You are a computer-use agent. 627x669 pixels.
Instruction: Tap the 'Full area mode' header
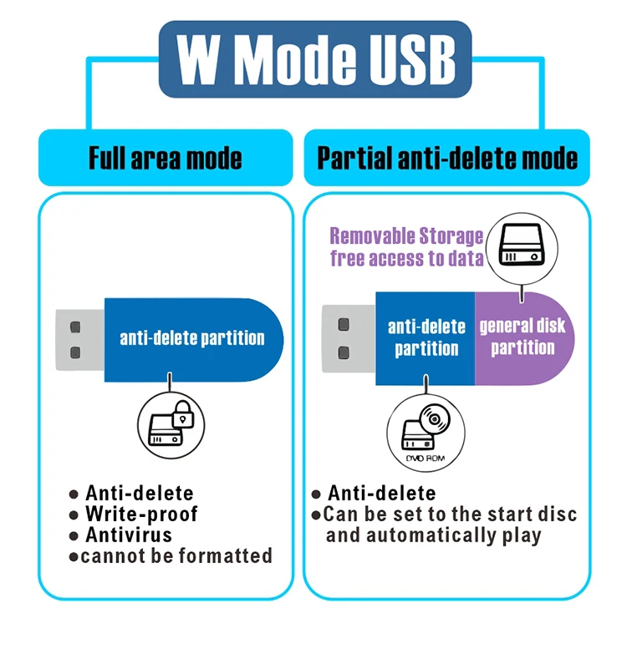point(166,158)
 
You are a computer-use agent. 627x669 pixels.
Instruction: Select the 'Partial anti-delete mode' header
point(447,158)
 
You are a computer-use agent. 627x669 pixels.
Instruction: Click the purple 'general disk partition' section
point(523,337)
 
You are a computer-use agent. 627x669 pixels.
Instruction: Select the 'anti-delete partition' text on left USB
point(192,338)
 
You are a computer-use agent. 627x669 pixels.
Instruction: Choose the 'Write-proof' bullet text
point(141,514)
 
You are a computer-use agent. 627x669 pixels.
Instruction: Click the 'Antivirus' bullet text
point(129,535)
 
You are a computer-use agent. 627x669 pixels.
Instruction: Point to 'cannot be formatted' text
point(176,556)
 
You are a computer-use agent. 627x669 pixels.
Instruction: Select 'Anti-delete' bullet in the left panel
point(139,494)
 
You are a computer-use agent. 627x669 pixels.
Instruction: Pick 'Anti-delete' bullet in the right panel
point(381,494)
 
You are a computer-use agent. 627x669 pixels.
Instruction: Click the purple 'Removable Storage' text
point(406,236)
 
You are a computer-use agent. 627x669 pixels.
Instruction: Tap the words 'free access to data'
point(407,259)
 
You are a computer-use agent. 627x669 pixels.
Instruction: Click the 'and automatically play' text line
point(433,535)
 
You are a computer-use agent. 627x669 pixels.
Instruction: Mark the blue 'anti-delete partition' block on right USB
point(426,337)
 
